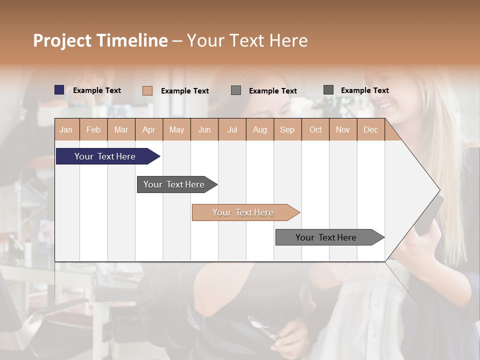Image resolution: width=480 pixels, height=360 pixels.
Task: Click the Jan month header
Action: point(66,129)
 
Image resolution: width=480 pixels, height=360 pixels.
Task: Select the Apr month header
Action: point(149,129)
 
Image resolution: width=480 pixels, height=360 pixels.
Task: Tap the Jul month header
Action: point(232,129)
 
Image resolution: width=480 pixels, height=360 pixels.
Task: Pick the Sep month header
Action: point(287,129)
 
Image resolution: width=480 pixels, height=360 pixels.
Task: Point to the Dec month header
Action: point(370,129)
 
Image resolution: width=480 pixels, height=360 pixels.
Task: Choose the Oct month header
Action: point(315,129)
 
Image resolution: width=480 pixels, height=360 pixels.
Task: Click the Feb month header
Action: point(93,129)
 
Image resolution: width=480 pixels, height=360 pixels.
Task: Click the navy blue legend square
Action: point(59,90)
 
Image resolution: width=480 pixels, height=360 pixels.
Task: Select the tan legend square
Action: point(147,90)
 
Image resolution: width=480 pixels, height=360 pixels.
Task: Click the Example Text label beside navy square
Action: point(97,90)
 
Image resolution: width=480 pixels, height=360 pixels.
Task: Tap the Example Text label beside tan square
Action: point(185,91)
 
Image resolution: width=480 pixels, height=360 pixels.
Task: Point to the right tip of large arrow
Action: point(438,190)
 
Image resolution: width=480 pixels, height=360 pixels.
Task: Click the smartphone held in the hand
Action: point(430,215)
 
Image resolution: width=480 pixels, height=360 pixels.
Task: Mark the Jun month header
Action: point(204,129)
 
